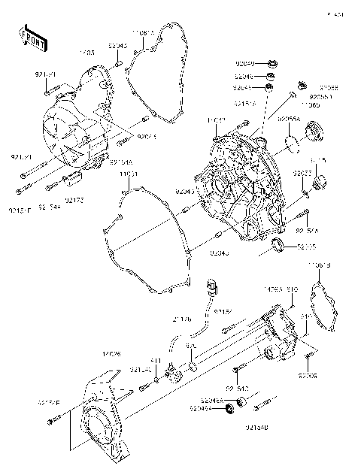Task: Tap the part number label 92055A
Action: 289,119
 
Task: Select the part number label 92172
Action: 74,199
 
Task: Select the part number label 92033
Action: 302,173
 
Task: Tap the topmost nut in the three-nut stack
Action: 272,64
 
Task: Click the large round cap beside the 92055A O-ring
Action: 311,136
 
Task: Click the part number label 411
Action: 155,360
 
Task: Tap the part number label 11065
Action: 311,105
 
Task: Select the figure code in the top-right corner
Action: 335,14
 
